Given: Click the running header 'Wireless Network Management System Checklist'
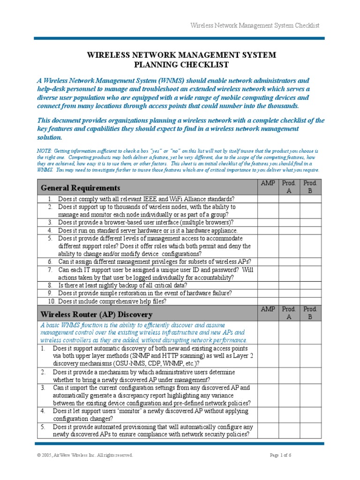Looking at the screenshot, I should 255,25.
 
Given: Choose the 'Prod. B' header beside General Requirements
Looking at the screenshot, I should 310,187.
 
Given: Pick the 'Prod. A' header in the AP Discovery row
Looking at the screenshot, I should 289,313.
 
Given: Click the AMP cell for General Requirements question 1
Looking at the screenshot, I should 268,199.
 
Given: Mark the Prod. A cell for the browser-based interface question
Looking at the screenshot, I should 289,223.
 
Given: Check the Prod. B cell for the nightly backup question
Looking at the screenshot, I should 310,285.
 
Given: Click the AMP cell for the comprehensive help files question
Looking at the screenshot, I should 268,301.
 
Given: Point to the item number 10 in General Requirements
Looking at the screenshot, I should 52,301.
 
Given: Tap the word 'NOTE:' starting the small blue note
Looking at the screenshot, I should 45,151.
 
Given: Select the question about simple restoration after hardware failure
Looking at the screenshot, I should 144,293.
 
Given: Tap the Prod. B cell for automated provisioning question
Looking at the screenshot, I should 310,431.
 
